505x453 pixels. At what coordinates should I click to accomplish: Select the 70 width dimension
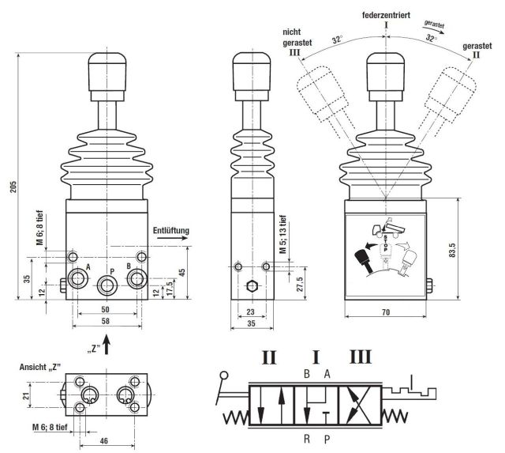click(x=386, y=313)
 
